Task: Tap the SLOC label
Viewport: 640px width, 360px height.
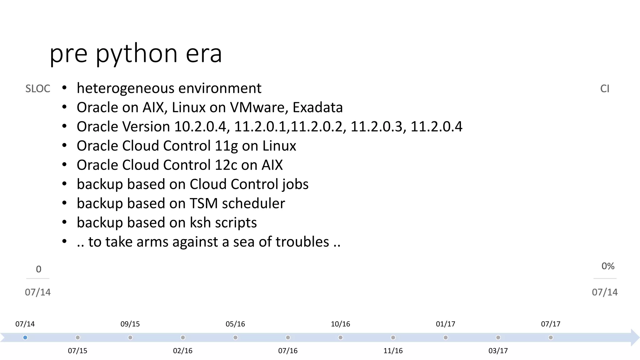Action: coord(37,89)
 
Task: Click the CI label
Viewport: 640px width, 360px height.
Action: coord(605,89)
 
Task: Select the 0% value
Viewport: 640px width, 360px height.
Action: coord(608,266)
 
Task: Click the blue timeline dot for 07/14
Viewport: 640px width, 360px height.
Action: coord(25,337)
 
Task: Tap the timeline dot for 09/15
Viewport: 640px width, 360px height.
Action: coord(130,337)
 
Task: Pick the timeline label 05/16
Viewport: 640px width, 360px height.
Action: coord(235,324)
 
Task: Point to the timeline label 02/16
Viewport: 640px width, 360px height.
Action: coord(183,351)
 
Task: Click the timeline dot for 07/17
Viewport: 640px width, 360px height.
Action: coord(551,337)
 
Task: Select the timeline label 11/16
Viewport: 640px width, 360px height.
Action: coord(393,351)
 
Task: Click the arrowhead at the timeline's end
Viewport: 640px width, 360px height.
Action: coord(635,337)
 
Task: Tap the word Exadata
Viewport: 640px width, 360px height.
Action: coord(317,107)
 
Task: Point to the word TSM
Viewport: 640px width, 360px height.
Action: coord(203,203)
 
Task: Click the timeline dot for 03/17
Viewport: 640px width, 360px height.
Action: coord(498,337)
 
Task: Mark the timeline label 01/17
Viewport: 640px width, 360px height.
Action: coord(446,324)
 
